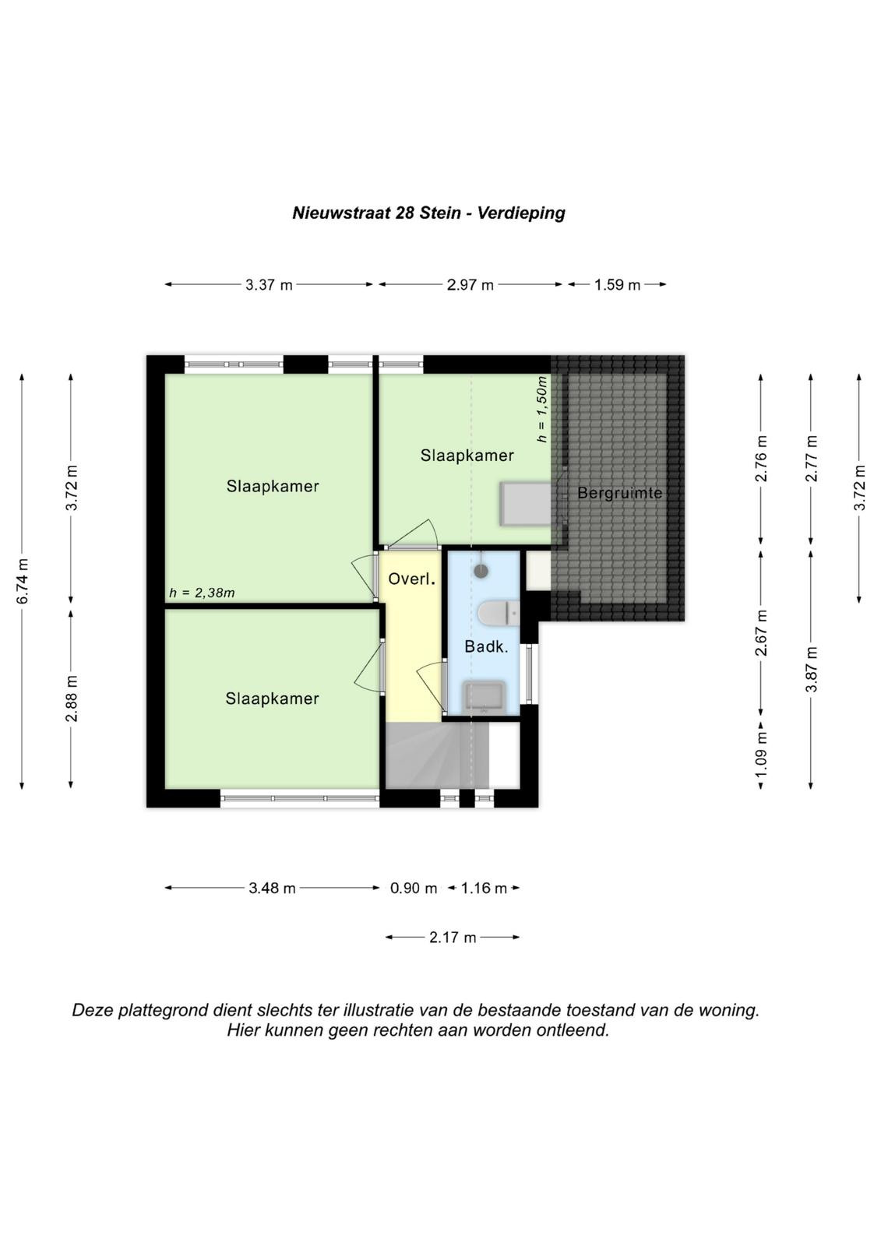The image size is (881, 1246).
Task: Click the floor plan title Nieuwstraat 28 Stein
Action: (377, 213)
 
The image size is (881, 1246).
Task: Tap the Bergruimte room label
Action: (619, 493)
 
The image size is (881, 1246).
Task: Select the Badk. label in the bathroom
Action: (486, 646)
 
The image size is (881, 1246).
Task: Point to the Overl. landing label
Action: (411, 579)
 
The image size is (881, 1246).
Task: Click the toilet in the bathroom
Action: (498, 614)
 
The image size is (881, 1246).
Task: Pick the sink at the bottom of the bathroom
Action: (485, 697)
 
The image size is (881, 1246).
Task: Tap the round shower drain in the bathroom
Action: (481, 571)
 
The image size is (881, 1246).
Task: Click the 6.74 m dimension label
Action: (23, 581)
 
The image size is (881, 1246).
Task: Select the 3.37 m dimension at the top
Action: (269, 285)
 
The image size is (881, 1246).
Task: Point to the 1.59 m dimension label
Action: (617, 285)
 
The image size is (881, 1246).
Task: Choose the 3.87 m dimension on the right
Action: (812, 670)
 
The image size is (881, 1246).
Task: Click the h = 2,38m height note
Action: (202, 593)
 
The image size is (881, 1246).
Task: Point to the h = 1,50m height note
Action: (541, 410)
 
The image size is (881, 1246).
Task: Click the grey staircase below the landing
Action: (437, 755)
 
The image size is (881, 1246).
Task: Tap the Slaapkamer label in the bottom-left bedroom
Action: (272, 699)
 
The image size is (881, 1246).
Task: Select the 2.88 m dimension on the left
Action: (72, 699)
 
